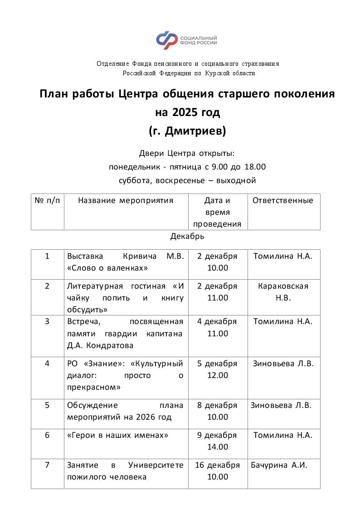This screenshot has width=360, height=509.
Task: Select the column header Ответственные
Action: point(283,200)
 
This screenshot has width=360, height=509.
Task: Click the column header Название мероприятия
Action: point(126,200)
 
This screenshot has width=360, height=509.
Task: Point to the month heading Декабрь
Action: point(187,236)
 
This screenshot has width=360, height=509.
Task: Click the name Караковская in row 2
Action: point(283,286)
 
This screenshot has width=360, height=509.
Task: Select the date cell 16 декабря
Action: point(217,465)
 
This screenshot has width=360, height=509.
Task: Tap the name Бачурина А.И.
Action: point(279,465)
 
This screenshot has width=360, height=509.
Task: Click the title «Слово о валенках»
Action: point(107,268)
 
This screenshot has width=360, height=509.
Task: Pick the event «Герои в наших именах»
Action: point(117,435)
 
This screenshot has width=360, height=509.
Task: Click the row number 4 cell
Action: point(47,364)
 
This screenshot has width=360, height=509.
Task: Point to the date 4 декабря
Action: point(217,321)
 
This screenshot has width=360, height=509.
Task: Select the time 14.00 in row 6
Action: point(218,447)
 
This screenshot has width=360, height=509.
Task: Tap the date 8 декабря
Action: point(217,405)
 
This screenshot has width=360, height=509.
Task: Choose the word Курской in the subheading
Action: point(218,73)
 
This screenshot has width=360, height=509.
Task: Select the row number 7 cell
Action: point(47,465)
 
